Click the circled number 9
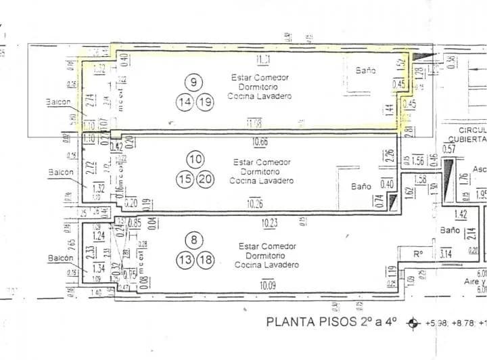[193, 83]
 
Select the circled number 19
[205, 103]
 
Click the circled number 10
[195, 160]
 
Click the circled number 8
[195, 239]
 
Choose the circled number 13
[185, 259]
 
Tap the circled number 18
[206, 259]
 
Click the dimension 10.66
[260, 141]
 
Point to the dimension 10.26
[255, 204]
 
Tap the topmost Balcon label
[59, 102]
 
